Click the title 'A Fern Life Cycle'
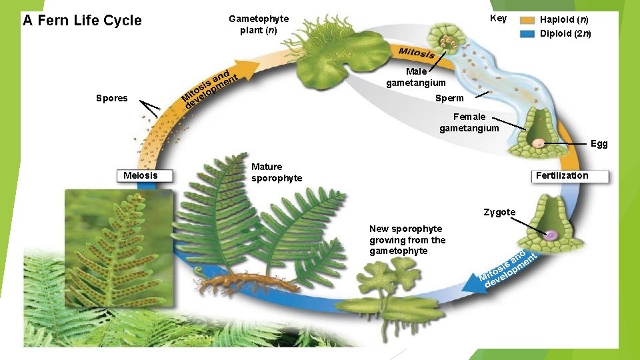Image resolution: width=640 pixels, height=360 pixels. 82,20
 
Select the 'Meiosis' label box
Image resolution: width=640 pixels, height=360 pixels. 141,175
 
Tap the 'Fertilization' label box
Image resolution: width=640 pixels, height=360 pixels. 562,175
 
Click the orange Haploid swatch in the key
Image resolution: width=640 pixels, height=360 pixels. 527,20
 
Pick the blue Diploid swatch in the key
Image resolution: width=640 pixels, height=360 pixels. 527,33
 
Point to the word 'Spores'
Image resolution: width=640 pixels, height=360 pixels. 111,98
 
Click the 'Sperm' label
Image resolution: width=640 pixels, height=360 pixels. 449,98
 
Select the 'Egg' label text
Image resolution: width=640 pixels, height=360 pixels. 599,143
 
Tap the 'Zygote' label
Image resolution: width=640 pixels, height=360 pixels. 499,212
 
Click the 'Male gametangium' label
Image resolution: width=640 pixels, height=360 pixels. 416,77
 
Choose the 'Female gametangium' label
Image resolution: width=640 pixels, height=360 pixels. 469,123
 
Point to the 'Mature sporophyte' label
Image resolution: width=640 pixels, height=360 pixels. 276,173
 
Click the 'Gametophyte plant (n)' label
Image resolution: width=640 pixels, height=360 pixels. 259,25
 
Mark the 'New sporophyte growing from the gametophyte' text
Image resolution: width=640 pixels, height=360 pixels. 407,240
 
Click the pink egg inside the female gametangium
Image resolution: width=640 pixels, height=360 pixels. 537,143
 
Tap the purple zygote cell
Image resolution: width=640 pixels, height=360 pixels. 553,235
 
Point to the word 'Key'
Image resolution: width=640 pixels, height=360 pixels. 498,19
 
